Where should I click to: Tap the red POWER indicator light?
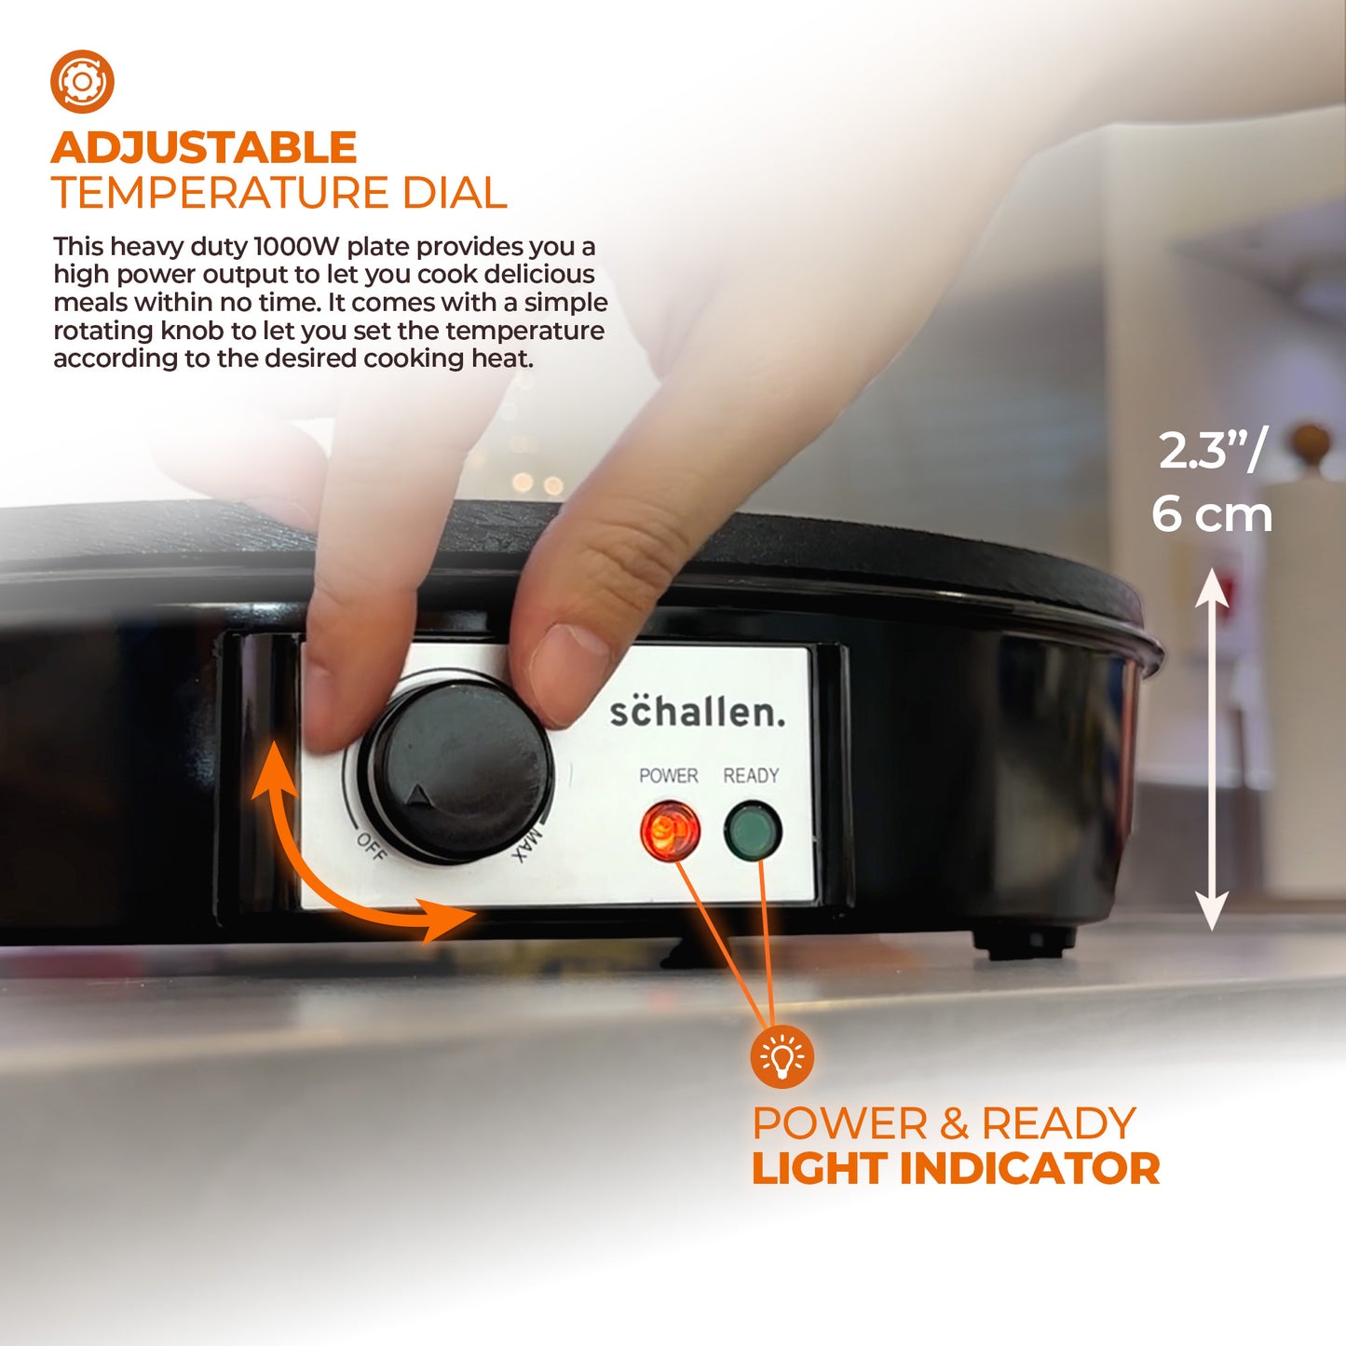click(670, 831)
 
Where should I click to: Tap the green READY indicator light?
click(753, 831)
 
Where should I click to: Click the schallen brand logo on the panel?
click(697, 711)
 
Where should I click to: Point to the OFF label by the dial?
click(371, 847)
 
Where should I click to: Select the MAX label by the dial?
click(526, 845)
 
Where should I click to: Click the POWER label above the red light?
click(669, 775)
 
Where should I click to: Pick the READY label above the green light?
click(751, 775)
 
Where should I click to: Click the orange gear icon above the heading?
click(82, 82)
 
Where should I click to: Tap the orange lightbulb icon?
click(782, 1056)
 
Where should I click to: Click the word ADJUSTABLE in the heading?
click(204, 147)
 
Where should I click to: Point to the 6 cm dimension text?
click(1212, 514)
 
